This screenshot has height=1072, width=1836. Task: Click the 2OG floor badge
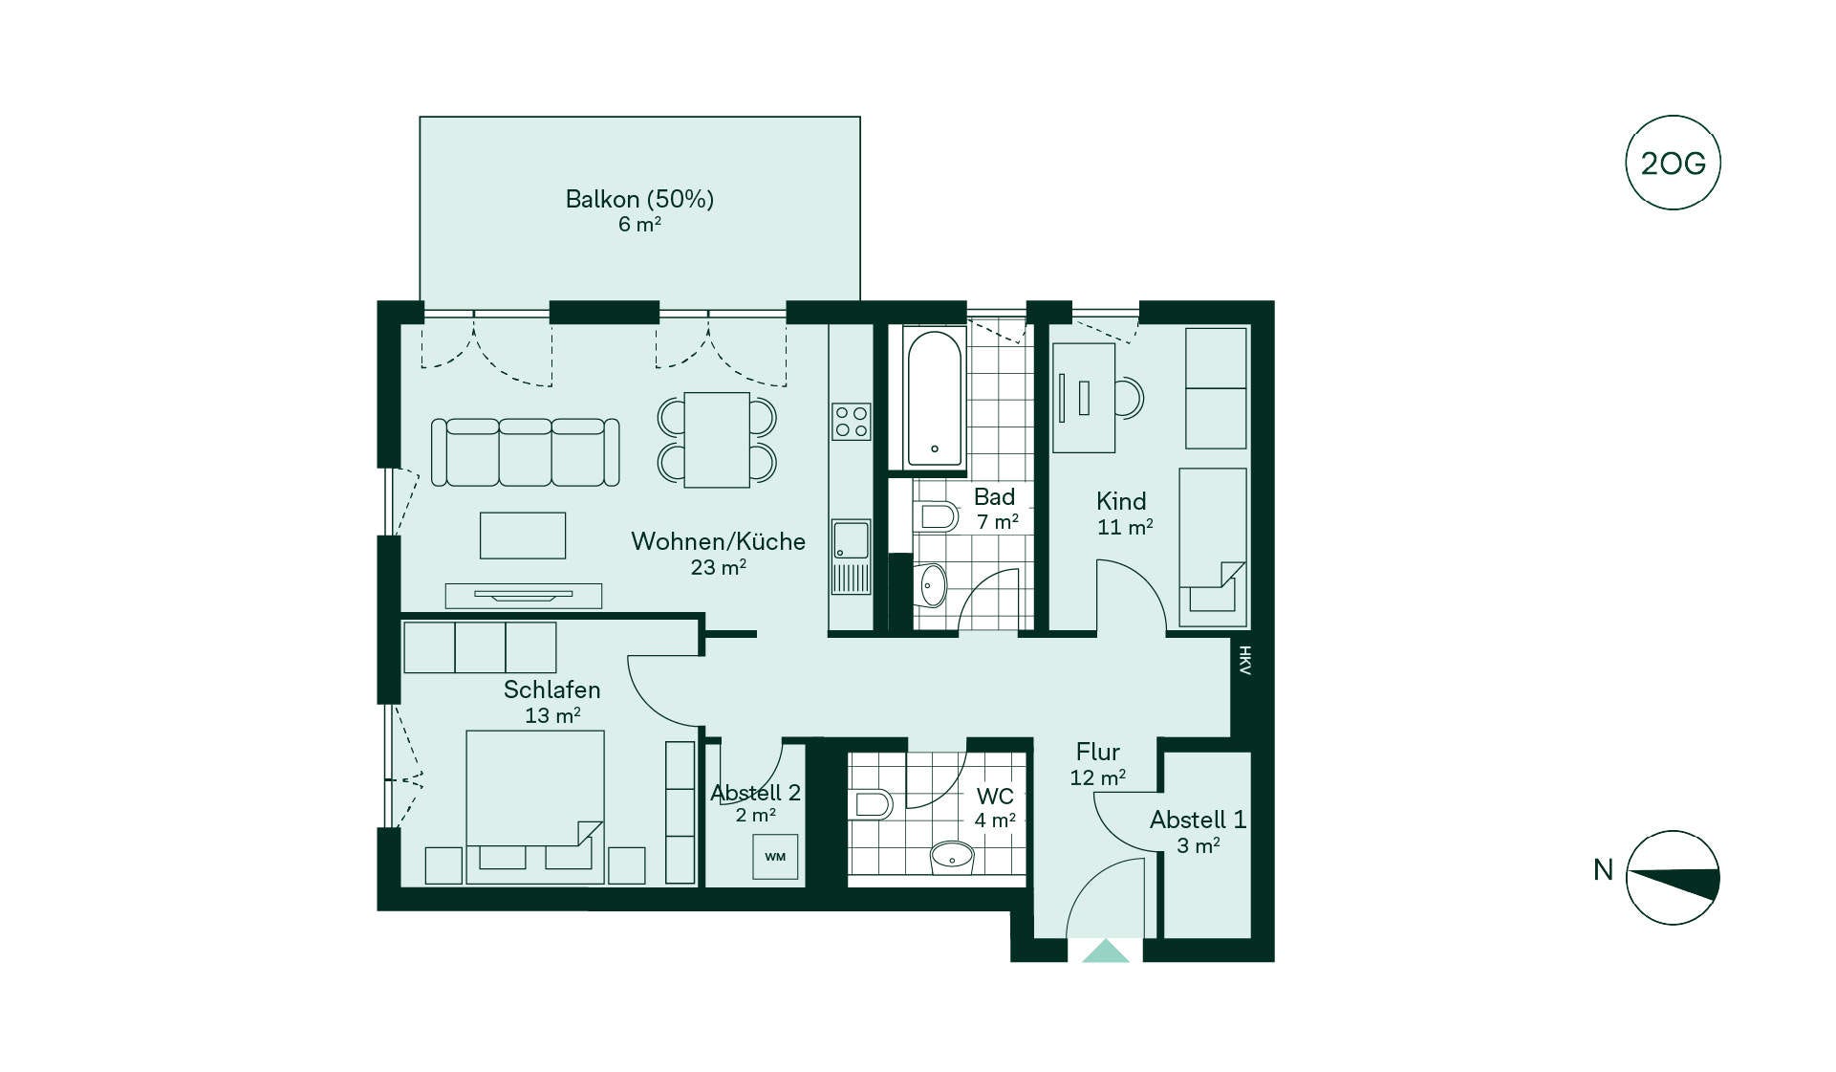(x=1673, y=163)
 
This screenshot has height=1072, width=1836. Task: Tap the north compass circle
(x=1673, y=878)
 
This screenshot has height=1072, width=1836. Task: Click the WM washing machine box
(x=775, y=856)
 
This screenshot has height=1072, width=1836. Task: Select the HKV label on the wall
(x=1244, y=661)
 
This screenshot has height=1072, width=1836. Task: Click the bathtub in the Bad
(x=934, y=398)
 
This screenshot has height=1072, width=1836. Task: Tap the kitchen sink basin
(x=852, y=539)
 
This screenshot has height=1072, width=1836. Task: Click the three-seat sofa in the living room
(x=525, y=451)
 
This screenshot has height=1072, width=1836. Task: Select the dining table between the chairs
(x=717, y=440)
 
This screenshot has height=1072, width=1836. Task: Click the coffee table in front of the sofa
(x=523, y=536)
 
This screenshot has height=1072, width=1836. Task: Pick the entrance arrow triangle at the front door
(x=1106, y=951)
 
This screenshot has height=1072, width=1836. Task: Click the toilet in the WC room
(x=874, y=804)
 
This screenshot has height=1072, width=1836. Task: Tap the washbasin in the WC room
(x=952, y=857)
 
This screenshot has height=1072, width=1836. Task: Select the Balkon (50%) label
(x=639, y=199)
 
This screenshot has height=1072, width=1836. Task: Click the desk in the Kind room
(x=1084, y=398)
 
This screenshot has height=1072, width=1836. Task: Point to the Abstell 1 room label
(x=1198, y=820)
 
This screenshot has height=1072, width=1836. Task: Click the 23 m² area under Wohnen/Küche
(x=718, y=567)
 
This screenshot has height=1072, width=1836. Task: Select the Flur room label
(x=1097, y=752)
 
